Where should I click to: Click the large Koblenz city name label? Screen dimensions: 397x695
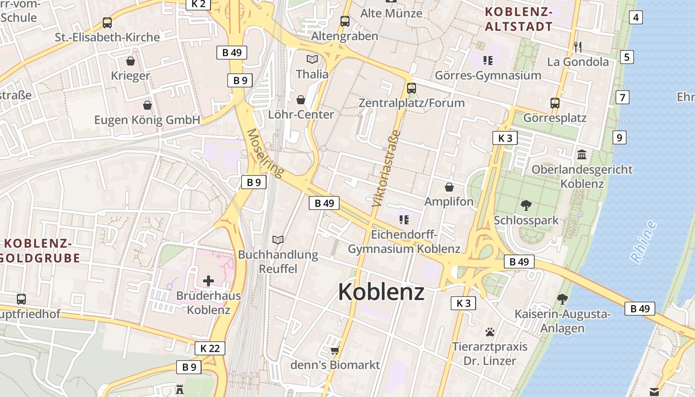click(381, 292)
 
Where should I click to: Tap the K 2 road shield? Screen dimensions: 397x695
click(198, 4)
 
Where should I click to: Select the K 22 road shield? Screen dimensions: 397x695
click(209, 348)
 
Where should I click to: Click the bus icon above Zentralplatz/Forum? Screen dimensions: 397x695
click(411, 88)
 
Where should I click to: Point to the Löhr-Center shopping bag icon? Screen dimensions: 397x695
click(301, 100)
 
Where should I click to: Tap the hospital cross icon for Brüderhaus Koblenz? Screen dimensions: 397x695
click(208, 281)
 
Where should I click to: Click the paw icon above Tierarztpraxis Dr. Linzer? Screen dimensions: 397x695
click(490, 331)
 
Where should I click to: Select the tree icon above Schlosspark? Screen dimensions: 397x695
click(526, 205)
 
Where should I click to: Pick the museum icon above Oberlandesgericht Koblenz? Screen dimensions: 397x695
click(582, 154)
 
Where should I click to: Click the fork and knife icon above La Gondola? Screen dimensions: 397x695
click(577, 47)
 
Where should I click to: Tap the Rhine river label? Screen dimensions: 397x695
click(643, 241)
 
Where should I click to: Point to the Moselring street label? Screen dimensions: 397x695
click(265, 153)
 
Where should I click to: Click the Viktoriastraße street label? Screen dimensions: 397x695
click(386, 168)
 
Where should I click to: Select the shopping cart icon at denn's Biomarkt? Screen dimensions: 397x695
click(335, 350)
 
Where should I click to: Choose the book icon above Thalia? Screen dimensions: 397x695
click(312, 60)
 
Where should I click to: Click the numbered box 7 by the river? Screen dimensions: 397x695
click(622, 97)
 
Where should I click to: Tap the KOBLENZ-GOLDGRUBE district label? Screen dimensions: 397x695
click(40, 251)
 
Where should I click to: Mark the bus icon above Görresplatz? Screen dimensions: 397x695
click(555, 103)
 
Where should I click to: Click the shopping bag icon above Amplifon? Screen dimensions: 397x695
click(449, 187)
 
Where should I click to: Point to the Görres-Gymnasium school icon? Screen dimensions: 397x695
click(487, 61)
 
